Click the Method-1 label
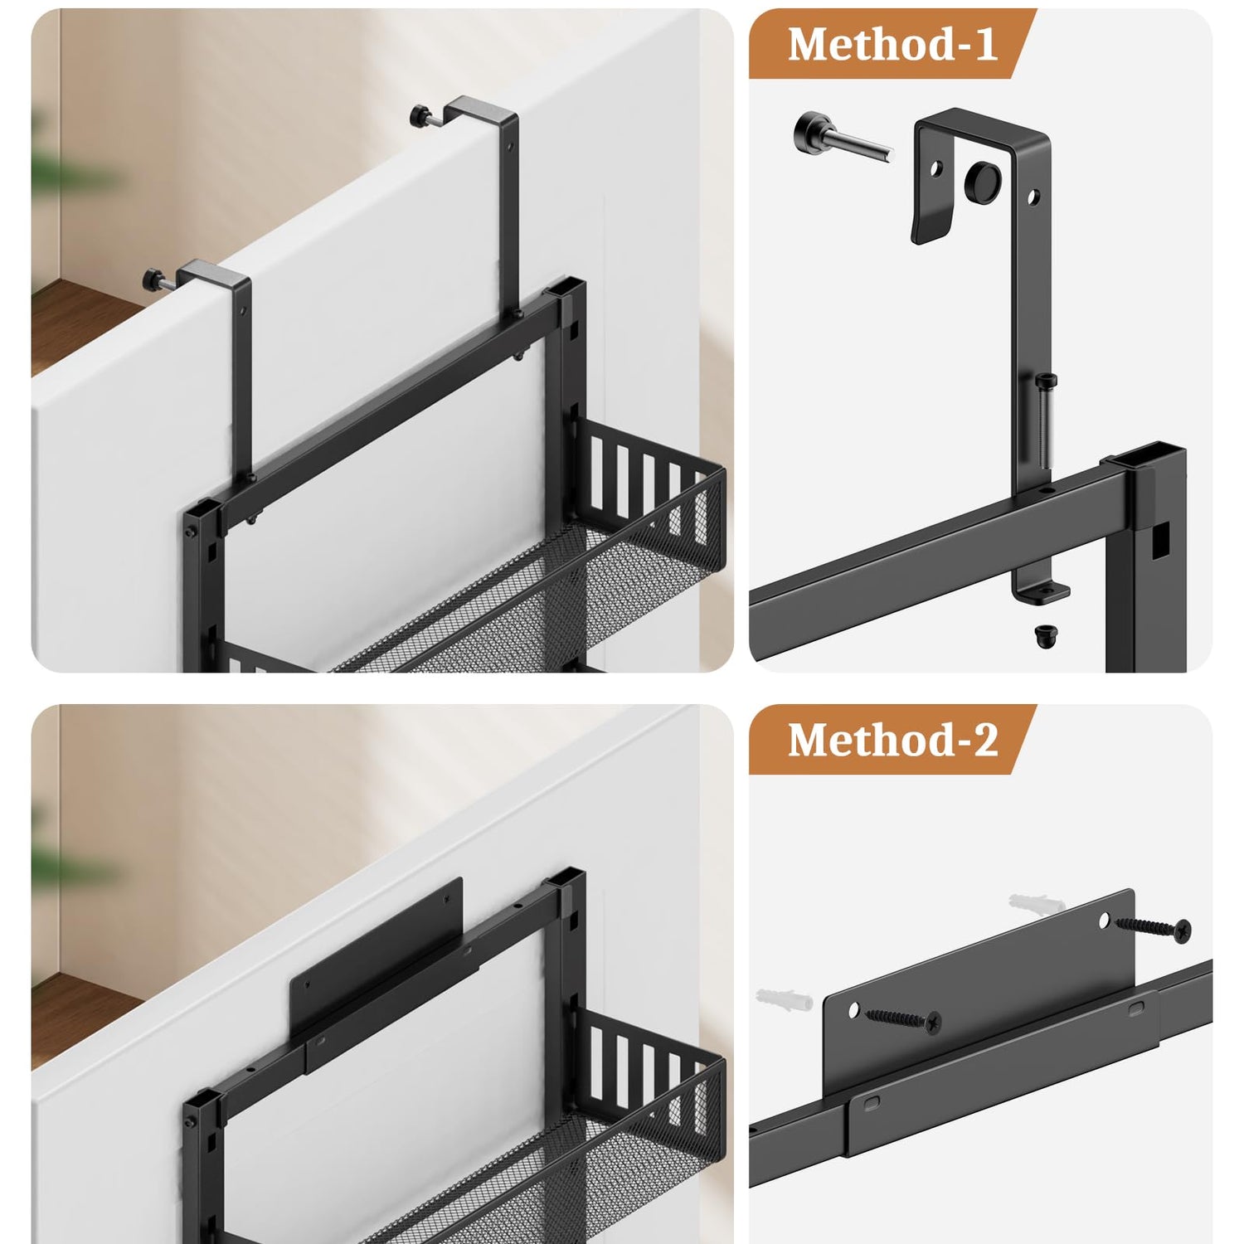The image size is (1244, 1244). point(892,44)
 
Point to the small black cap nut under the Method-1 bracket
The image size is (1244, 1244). point(1046,636)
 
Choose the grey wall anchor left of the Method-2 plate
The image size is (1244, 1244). point(783,999)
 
